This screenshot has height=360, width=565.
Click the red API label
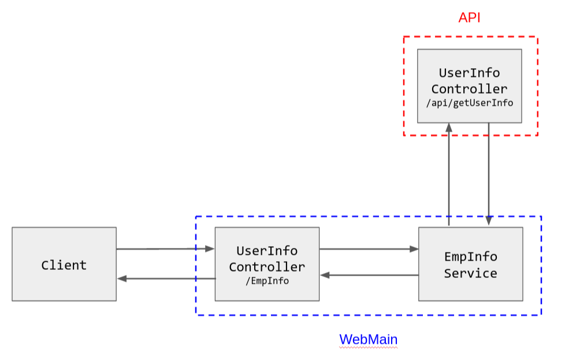(469, 18)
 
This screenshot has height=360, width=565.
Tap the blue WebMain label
(368, 339)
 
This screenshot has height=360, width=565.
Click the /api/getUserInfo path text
(469, 103)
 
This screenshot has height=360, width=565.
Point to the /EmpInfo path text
(267, 281)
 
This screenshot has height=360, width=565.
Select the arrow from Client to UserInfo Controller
(165, 249)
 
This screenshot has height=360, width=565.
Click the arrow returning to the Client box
(165, 279)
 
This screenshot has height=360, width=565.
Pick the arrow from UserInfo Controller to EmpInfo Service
(368, 249)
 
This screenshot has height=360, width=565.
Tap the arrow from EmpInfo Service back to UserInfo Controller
(368, 275)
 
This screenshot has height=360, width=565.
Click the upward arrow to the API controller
(448, 173)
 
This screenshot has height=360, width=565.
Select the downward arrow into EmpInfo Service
(489, 173)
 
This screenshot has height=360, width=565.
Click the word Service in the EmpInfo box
(470, 273)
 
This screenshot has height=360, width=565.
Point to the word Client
(64, 265)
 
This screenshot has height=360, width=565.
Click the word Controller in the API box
(469, 89)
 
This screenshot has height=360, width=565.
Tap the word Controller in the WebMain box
(267, 267)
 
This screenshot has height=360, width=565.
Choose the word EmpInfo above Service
(470, 257)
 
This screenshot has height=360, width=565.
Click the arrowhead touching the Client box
(121, 279)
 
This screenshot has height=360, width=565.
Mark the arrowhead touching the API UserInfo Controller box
(448, 127)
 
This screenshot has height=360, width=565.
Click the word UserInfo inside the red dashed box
(469, 73)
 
